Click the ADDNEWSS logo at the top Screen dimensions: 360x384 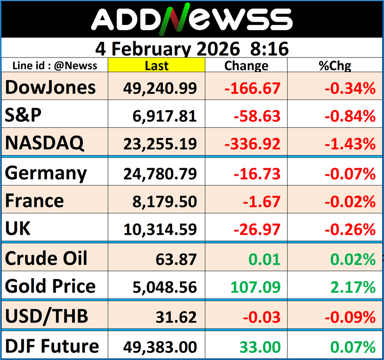pos(192,19)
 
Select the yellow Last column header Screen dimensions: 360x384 pos(156,65)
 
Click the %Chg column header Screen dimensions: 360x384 pos(335,65)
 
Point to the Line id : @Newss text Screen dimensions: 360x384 pos(55,65)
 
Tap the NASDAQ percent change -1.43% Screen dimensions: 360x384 pos(350,143)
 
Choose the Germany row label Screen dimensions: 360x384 pos(46,173)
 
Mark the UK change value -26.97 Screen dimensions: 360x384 pos(258,230)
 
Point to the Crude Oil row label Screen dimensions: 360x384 pos(47,258)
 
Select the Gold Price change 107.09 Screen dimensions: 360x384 pos(256,286)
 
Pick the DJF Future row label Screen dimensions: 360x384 pos(52,346)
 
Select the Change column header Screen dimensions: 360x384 pos(246,65)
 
